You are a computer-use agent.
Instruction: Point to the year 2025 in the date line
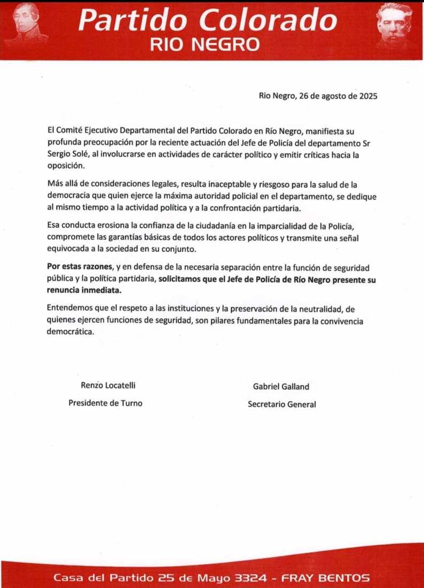368,96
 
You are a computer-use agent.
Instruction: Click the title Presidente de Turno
105,403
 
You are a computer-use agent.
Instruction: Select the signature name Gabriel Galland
281,386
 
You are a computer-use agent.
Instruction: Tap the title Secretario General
281,404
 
